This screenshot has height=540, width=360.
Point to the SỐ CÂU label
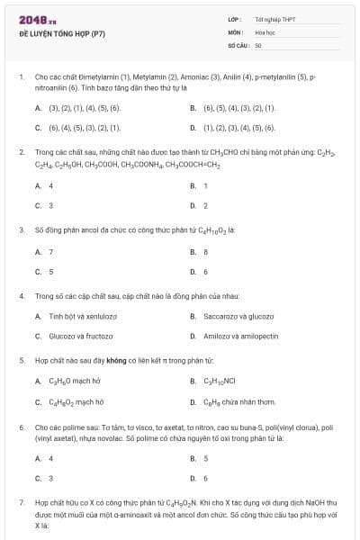(x=237, y=44)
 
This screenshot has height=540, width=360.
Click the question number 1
(x=21, y=77)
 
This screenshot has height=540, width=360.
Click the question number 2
(x=21, y=152)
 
